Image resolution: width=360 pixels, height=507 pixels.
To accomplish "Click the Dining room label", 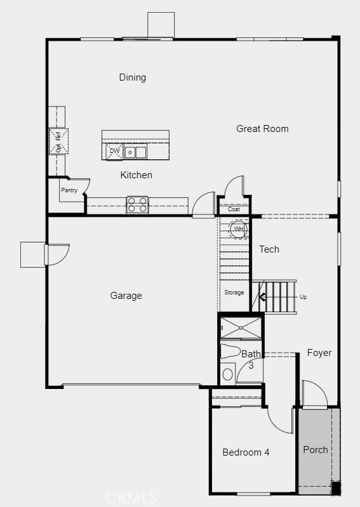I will click(133, 77).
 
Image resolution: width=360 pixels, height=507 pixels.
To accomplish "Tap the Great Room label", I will click(262, 129).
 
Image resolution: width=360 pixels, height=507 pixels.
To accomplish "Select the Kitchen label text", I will click(137, 175).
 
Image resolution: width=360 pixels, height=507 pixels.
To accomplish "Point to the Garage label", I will click(126, 296).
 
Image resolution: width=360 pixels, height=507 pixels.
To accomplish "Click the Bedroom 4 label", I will click(246, 452).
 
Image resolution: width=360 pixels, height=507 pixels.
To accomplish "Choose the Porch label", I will click(316, 450).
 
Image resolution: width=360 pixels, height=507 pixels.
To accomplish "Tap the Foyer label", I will click(319, 353).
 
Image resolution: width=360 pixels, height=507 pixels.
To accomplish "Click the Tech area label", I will click(269, 249).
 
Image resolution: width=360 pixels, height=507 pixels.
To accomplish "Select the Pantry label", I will click(69, 190).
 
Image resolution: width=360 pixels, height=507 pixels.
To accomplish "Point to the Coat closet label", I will click(234, 209).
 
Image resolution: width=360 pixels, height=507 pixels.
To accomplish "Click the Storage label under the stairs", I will click(234, 293).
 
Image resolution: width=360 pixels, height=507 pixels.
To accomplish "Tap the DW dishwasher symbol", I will click(114, 152).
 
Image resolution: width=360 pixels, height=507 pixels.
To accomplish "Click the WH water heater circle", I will click(238, 229).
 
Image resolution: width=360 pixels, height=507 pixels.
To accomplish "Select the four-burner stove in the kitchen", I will click(137, 204).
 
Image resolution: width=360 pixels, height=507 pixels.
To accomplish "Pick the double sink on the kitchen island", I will click(135, 152).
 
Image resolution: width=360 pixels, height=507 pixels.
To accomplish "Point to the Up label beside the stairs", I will click(303, 297).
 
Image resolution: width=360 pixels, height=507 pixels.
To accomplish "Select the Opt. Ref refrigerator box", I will click(58, 141).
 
